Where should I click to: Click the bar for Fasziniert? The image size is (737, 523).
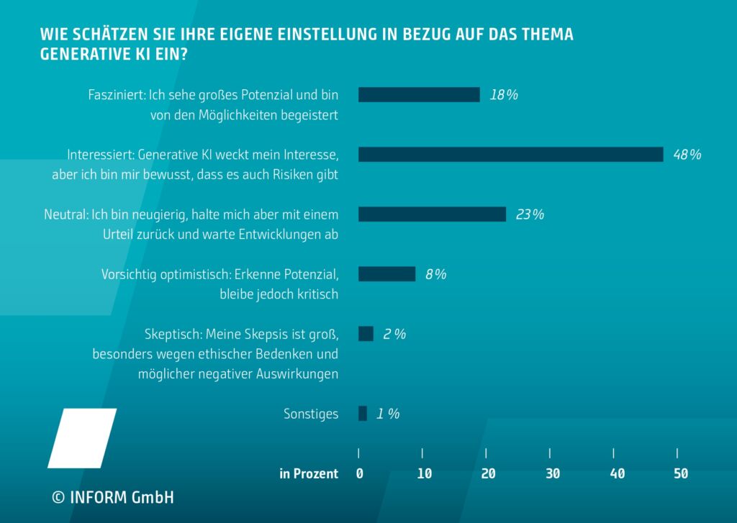click(419, 95)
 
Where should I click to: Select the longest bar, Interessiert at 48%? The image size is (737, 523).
click(510, 155)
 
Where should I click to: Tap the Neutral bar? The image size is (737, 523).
click(432, 214)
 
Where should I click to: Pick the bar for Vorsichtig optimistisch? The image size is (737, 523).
click(386, 274)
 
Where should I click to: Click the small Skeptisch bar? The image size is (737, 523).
click(366, 334)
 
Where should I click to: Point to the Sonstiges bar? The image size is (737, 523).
click(363, 414)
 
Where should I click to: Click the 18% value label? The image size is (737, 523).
click(504, 95)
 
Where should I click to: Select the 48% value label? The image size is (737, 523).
click(687, 155)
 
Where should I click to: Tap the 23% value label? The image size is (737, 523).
click(530, 214)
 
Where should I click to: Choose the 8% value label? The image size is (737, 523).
click(435, 274)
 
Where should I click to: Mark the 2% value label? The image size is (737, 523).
click(394, 334)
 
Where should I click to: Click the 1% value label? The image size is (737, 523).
click(388, 414)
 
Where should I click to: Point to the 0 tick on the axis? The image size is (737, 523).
click(359, 473)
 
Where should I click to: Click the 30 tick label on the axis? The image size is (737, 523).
click(552, 473)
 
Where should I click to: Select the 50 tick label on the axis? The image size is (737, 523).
click(679, 473)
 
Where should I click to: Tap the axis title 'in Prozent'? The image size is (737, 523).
click(308, 473)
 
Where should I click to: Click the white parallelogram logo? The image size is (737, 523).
click(82, 438)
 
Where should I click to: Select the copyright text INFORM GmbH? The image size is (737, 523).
click(112, 497)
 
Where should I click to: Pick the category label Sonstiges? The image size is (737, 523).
click(311, 414)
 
